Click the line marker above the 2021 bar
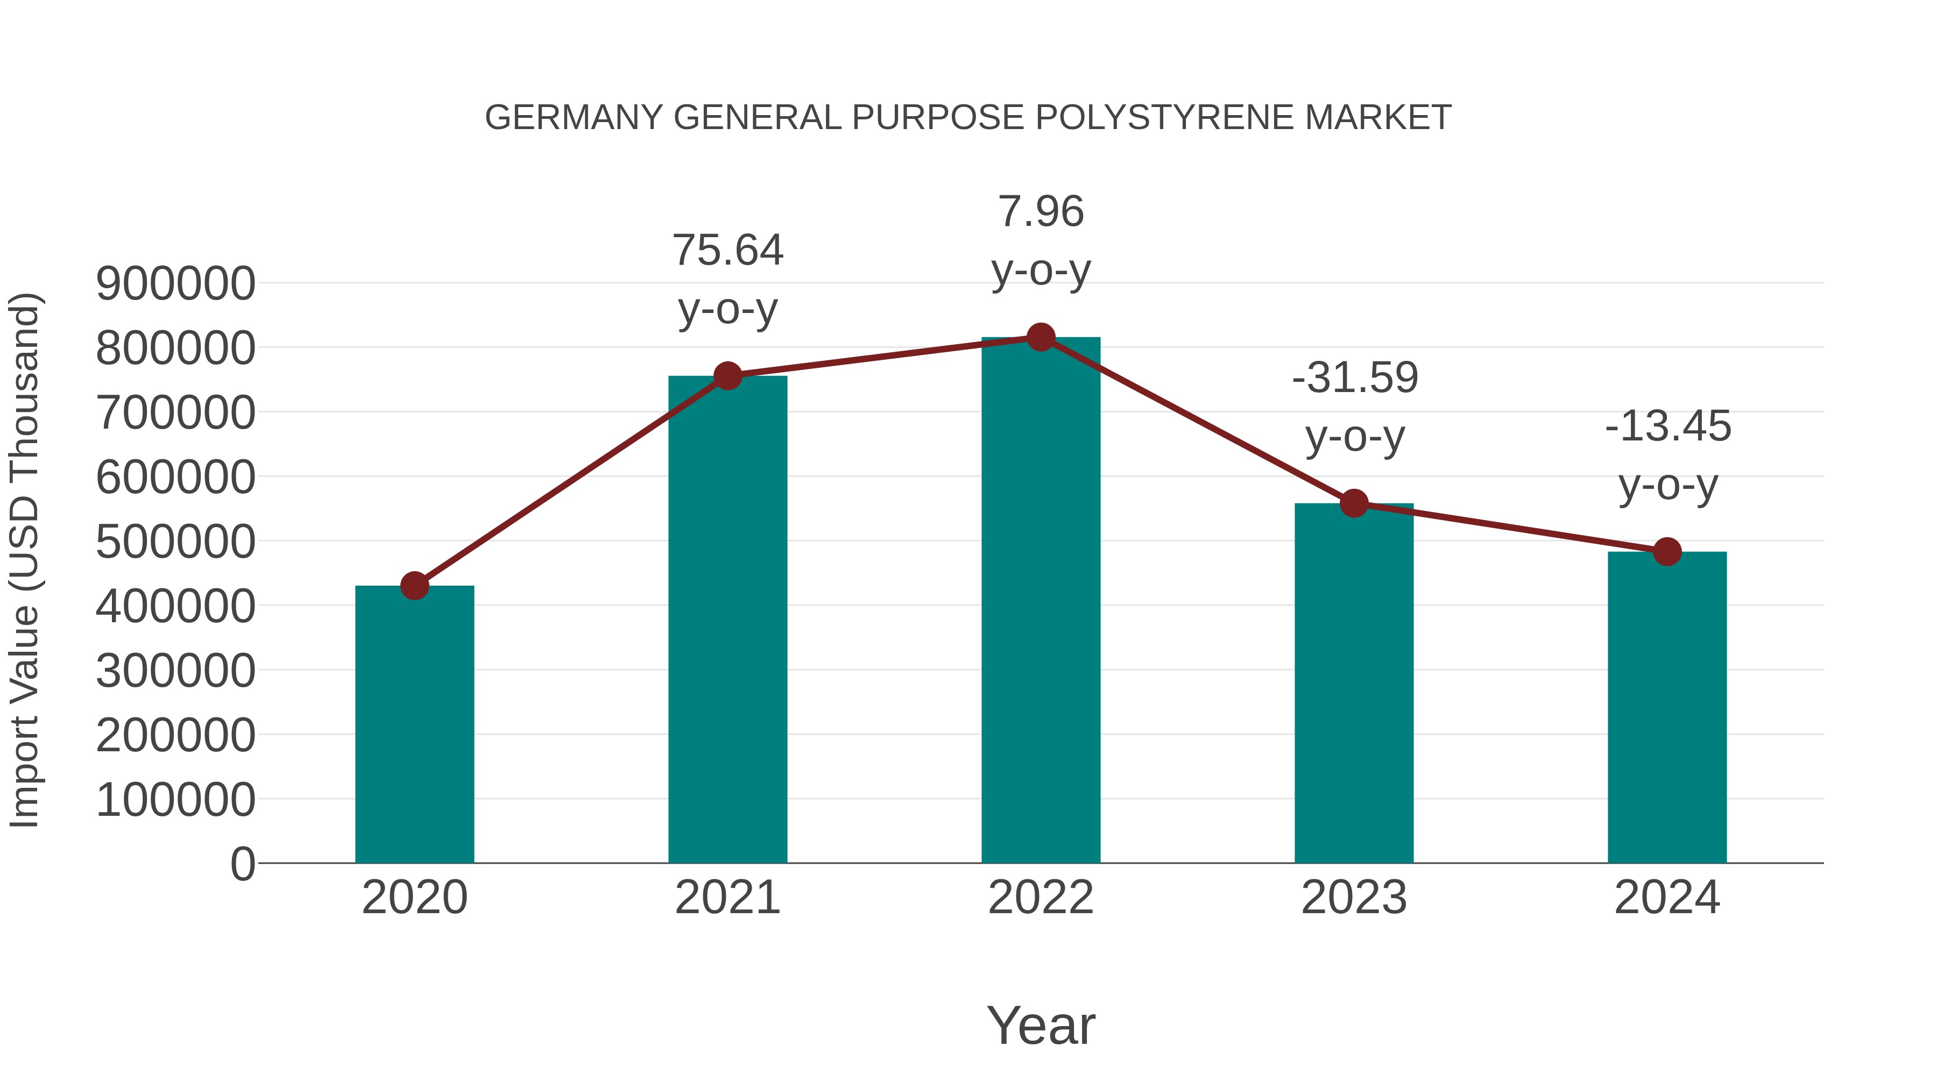pos(728,376)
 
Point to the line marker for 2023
pos(1354,503)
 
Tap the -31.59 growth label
pos(1355,378)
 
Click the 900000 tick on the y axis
pos(176,284)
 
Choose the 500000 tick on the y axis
pos(176,541)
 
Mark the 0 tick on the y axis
pos(243,864)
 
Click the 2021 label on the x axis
pos(728,898)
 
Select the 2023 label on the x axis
pos(1354,898)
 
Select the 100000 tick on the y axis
pos(176,800)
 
